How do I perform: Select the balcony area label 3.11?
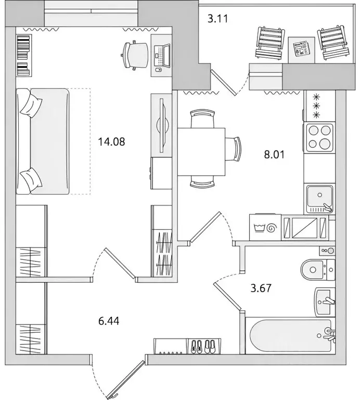218,19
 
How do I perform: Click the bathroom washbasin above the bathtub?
323,301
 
